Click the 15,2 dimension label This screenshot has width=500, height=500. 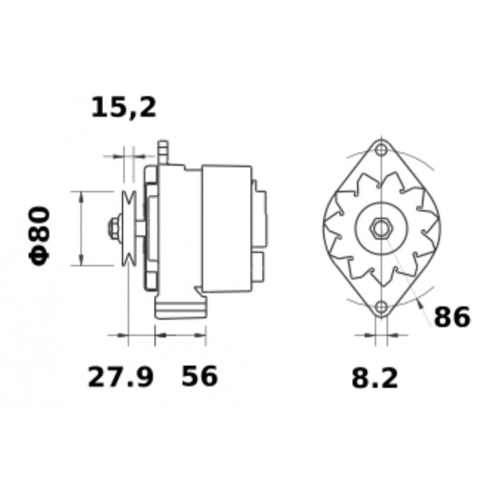coord(124,107)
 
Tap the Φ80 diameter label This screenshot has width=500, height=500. coord(40,236)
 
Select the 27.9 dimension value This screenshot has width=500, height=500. coord(121,377)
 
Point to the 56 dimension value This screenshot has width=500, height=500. coord(199,376)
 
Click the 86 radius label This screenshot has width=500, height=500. coord(452,317)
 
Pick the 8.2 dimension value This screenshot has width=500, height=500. coord(375,379)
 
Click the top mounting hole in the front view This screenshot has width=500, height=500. coord(381,149)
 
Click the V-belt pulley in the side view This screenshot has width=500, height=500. coord(129,228)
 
